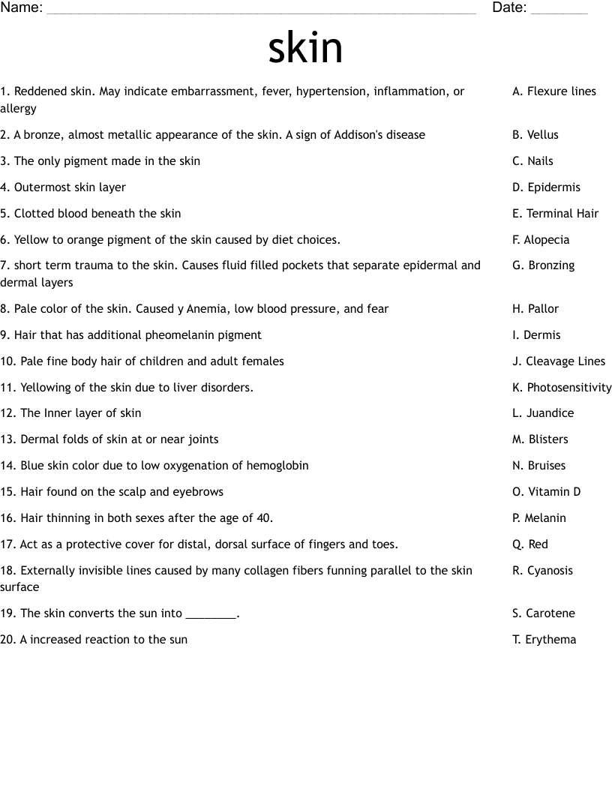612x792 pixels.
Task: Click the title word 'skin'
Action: tap(305, 47)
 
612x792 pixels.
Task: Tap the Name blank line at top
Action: tap(260, 10)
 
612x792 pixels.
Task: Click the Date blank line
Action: tap(559, 10)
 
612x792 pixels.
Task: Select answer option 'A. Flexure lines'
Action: tap(554, 91)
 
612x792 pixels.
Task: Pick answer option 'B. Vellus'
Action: tap(535, 135)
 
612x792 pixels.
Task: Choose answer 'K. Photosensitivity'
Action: tap(562, 388)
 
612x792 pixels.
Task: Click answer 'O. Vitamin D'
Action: tap(547, 492)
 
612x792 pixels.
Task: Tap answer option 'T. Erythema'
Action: tap(544, 640)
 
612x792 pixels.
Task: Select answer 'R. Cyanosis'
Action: tap(542, 571)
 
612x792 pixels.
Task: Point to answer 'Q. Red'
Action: tap(530, 544)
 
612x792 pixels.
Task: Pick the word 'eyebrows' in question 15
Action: tap(199, 492)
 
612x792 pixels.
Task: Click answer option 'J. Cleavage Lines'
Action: tap(559, 361)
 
